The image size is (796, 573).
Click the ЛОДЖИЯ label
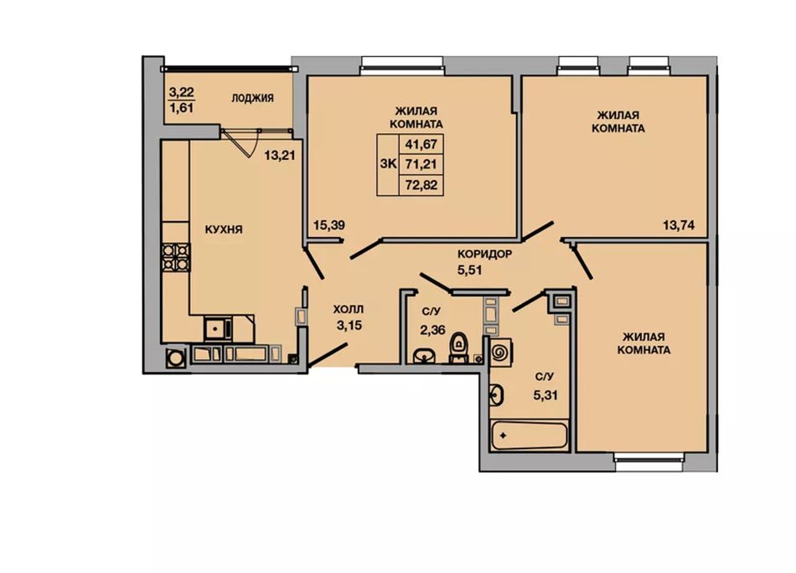[252, 98]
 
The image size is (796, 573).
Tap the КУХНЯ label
[224, 230]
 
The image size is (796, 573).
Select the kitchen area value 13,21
[279, 155]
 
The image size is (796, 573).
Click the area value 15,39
[329, 225]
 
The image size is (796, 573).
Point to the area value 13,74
[678, 225]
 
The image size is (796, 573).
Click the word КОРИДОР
[485, 254]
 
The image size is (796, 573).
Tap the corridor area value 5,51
[469, 270]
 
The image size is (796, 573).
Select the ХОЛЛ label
[349, 309]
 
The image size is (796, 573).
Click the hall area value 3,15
[349, 325]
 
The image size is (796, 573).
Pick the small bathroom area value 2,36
[432, 330]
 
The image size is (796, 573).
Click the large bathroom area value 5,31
[545, 395]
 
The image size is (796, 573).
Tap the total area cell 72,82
[421, 186]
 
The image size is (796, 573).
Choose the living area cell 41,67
[421, 144]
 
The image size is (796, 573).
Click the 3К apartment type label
[388, 164]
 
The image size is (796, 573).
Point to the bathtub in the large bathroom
[529, 435]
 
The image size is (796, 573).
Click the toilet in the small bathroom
[458, 348]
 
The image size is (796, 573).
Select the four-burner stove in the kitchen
[176, 257]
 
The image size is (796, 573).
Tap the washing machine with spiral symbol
[500, 351]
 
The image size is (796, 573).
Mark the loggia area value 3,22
[181, 92]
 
